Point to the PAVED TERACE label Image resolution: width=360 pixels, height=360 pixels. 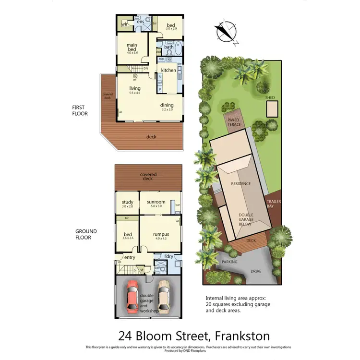click(235, 122)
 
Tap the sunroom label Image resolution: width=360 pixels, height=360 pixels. click(156, 202)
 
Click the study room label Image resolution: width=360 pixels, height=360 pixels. click(127, 202)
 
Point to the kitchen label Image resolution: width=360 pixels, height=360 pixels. click(168, 71)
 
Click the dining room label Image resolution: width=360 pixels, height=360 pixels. click(167, 105)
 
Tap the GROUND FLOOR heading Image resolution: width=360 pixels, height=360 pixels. click(86, 234)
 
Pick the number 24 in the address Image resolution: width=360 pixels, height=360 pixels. click(126, 336)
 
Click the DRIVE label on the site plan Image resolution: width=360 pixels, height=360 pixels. click(256, 271)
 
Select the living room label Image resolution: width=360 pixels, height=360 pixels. click(134, 88)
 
